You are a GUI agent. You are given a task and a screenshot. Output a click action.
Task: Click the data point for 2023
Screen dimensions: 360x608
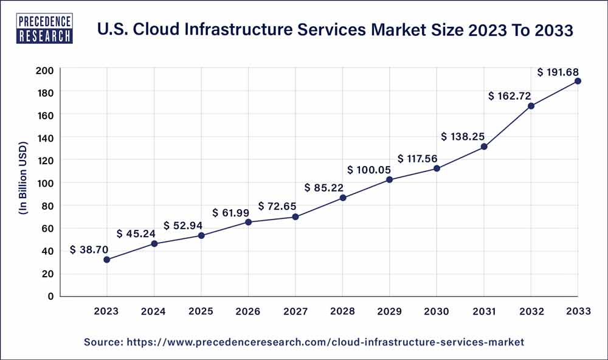coord(107,260)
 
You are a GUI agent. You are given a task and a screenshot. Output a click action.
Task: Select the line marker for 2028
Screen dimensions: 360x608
coord(342,198)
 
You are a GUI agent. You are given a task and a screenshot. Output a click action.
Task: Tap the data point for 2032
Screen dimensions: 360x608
coord(531,106)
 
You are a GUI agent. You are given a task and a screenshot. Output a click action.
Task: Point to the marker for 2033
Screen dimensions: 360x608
coord(578,81)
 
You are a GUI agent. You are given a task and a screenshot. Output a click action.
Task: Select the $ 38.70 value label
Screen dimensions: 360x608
coord(90,249)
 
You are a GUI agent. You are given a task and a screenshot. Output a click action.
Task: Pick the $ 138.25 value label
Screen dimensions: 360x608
coord(465,136)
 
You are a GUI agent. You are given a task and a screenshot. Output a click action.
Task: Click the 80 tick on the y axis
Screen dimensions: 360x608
coord(49,206)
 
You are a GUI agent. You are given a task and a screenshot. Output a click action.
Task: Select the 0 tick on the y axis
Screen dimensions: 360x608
coord(51,296)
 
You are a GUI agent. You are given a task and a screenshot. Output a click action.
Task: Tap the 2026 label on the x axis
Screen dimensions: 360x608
coord(248,311)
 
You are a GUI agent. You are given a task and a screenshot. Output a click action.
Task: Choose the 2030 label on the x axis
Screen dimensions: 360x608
coord(437,311)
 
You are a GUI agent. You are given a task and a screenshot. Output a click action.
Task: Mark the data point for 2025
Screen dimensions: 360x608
coord(201,235)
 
